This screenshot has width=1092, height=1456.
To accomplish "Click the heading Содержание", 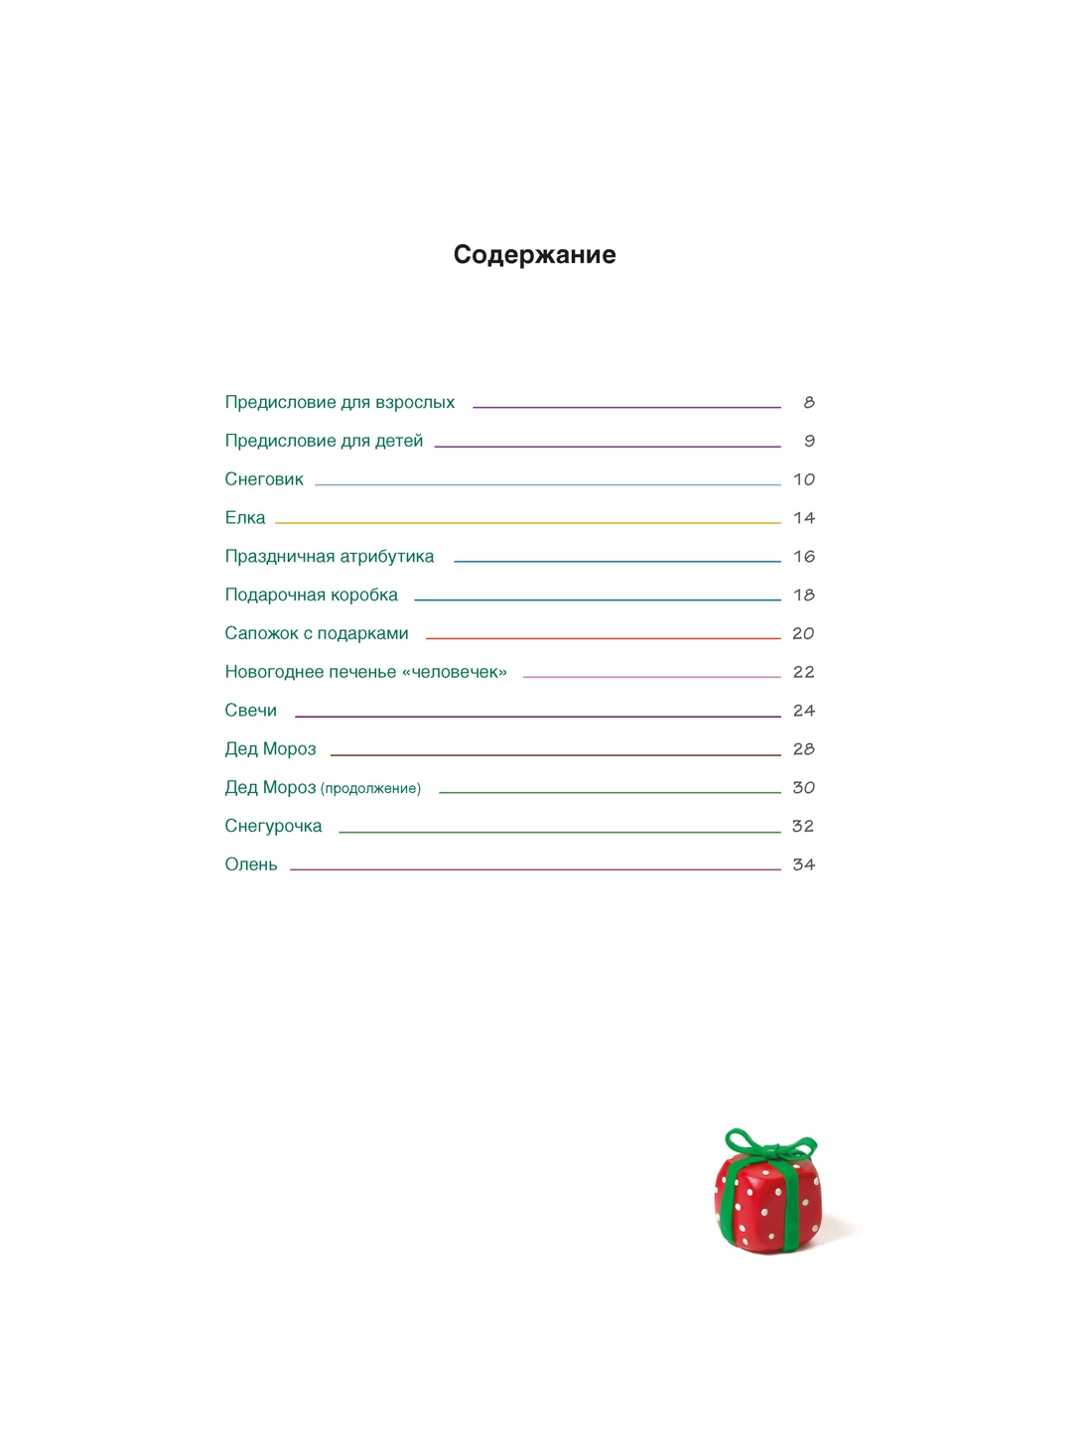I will [x=534, y=255].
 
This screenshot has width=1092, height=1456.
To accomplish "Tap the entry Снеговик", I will [x=264, y=479].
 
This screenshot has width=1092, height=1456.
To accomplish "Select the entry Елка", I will [x=245, y=518].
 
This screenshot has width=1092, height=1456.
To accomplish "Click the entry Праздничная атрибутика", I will [x=330, y=557].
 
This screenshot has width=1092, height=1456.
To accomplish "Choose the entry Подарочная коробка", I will [x=311, y=596].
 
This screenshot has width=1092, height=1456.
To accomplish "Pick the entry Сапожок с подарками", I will [x=317, y=633].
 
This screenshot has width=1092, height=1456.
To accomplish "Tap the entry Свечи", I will [x=251, y=711].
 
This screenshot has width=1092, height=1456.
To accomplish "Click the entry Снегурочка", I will [x=273, y=826].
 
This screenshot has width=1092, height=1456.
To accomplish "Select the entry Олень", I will [x=251, y=864].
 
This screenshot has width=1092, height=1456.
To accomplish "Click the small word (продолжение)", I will [x=370, y=789].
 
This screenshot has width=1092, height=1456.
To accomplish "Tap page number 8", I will [x=809, y=403].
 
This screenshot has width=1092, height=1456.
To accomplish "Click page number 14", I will [x=804, y=518].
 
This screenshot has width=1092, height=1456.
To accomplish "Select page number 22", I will [x=804, y=672].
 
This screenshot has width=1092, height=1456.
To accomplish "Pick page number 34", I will [x=804, y=864].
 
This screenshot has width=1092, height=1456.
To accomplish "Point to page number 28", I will [x=804, y=749].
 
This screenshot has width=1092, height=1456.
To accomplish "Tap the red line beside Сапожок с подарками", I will [x=603, y=638].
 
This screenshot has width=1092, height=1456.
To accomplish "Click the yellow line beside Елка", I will [x=527, y=522].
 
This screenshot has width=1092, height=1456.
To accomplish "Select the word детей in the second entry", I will [x=399, y=442].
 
